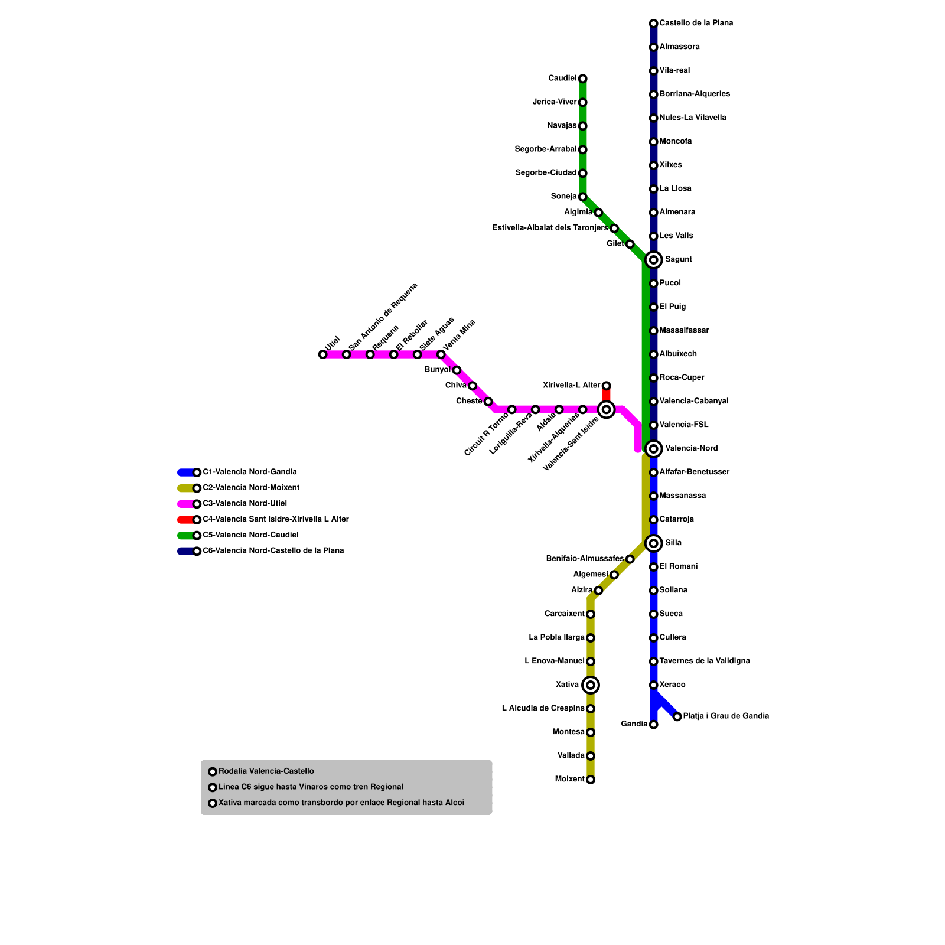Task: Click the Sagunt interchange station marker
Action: pos(653,260)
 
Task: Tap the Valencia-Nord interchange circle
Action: pos(653,449)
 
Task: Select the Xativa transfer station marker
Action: pos(591,685)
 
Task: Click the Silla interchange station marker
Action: pos(653,543)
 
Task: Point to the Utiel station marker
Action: pos(322,354)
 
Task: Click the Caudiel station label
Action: pos(562,79)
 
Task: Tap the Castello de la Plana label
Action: pos(696,24)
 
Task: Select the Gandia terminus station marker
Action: pos(653,725)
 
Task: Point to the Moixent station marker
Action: pos(591,780)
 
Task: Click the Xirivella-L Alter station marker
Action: pos(606,386)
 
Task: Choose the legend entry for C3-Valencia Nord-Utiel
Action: pos(245,504)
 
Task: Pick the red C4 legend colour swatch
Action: pos(185,520)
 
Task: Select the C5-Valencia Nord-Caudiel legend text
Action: pos(250,535)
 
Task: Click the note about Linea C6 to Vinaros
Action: pos(311,787)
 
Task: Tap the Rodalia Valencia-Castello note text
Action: pos(266,771)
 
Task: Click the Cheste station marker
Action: pos(488,402)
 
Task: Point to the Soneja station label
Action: pos(563,197)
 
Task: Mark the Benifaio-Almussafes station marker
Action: pos(630,559)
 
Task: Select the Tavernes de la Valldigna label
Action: pos(704,661)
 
